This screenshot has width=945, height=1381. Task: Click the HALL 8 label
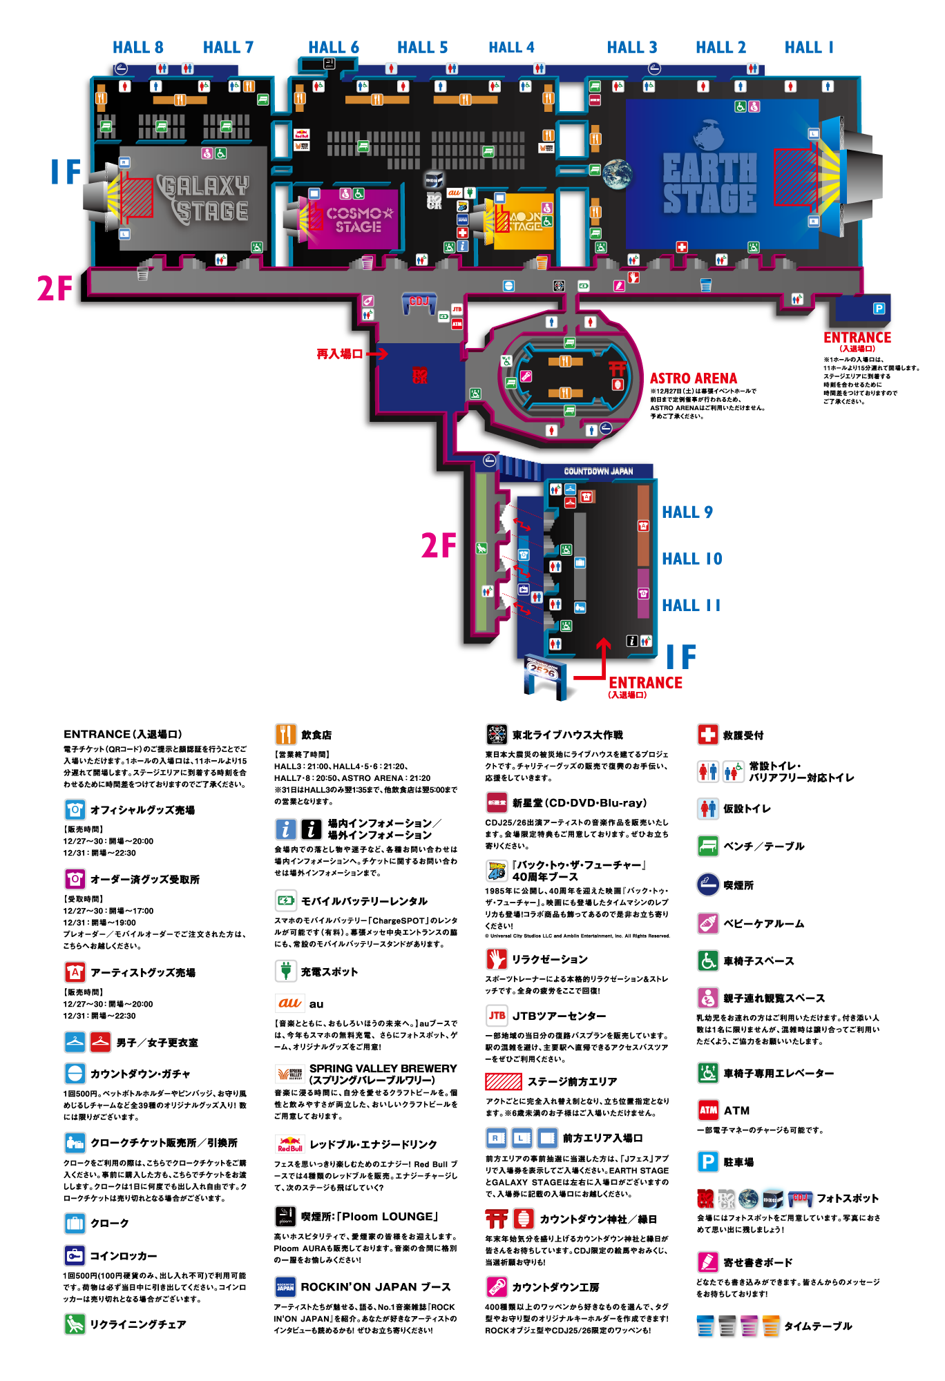[137, 48]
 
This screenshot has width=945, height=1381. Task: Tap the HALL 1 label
[809, 48]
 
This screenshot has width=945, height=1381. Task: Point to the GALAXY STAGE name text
[204, 199]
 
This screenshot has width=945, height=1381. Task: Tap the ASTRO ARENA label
[693, 378]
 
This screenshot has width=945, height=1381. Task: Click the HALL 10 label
[691, 559]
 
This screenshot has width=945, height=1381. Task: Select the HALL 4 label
[511, 48]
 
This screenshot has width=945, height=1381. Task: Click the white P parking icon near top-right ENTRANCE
[879, 309]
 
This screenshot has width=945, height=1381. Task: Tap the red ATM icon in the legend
[708, 1110]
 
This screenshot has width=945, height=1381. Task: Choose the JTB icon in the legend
[497, 1016]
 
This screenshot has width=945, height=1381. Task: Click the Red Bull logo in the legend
[290, 1144]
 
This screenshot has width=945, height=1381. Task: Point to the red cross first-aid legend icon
[708, 734]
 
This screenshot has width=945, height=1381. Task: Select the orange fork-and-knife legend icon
[286, 734]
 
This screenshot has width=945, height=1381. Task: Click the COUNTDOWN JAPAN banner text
[598, 472]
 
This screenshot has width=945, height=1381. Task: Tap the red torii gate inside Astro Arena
[617, 369]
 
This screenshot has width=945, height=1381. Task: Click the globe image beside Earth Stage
[617, 174]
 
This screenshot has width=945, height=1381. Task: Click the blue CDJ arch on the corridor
[419, 302]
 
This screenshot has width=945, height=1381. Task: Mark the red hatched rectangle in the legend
[503, 1081]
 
